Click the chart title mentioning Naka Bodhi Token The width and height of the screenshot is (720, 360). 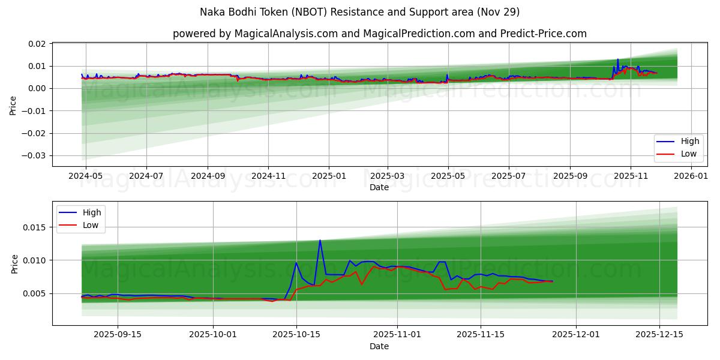(360, 12)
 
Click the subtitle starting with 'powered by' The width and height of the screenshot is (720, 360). (379, 34)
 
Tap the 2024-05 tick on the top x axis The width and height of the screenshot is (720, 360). (86, 176)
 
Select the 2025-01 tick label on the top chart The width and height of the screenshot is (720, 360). (329, 176)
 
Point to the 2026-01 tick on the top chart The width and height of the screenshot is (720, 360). (692, 176)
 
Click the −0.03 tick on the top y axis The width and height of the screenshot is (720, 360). (33, 156)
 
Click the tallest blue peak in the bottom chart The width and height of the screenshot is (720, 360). (320, 240)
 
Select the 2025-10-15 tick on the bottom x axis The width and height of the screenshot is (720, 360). (296, 335)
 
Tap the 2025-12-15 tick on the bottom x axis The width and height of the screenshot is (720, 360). (659, 335)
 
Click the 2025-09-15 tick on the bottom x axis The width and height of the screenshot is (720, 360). (117, 335)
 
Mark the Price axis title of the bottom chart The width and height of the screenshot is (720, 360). (15, 263)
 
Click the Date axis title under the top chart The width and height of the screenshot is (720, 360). (379, 187)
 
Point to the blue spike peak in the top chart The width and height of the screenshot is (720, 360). (617, 59)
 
